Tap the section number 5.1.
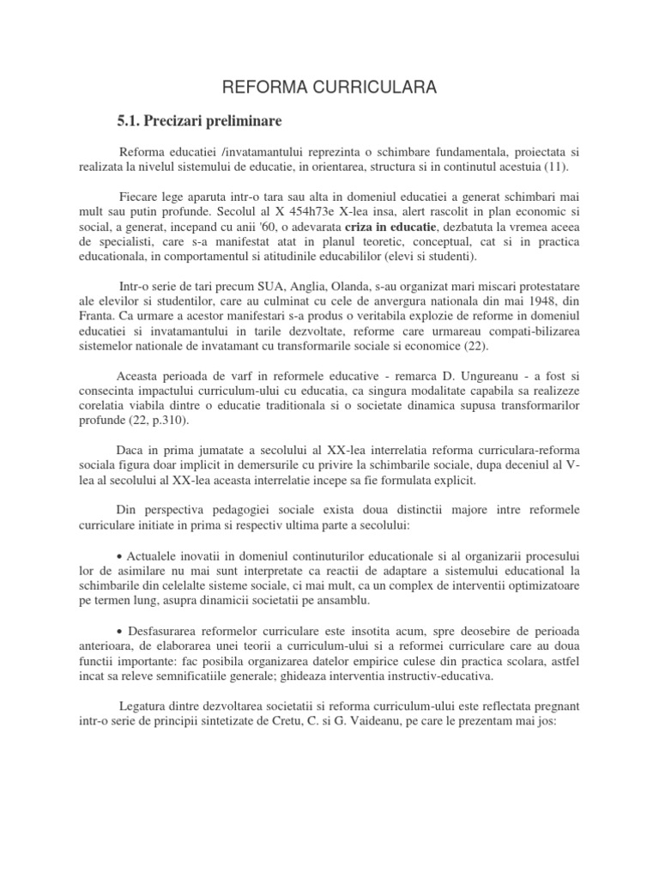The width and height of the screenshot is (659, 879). coord(132,120)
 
